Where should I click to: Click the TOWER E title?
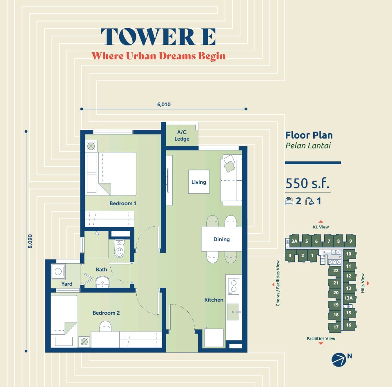coord(158,37)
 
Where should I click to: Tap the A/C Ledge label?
coord(182,135)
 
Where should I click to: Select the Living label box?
coord(199,182)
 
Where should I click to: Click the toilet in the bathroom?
coord(119,248)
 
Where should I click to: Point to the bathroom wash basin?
coord(102,282)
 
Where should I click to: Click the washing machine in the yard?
coord(58,271)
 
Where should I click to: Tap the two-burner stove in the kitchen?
coord(234,286)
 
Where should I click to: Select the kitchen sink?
coord(233,312)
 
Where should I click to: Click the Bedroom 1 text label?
coord(123,204)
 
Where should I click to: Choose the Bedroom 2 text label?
coord(106,313)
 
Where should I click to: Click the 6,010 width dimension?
coord(164,104)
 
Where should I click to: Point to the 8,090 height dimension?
coord(30,241)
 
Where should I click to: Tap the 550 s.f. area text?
coord(307,183)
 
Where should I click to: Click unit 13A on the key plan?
coord(348,298)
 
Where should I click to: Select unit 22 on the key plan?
coord(336,271)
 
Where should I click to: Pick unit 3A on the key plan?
coord(294,241)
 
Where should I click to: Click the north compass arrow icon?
coord(339,360)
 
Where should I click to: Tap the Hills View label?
coord(363,283)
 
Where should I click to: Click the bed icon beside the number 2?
coord(289,201)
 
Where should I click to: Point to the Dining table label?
coord(221,239)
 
